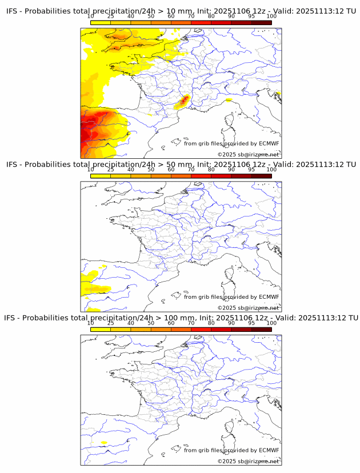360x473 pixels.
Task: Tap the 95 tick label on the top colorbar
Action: [x=251, y=17]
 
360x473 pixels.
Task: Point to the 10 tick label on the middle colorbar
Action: [x=90, y=170]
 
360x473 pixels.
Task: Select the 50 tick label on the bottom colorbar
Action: [x=151, y=323]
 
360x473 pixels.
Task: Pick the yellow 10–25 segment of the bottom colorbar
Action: [x=100, y=329]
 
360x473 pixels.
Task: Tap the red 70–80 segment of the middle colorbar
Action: [x=201, y=176]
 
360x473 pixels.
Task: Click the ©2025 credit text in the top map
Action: [x=248, y=154]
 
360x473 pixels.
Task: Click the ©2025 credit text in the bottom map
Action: [x=248, y=461]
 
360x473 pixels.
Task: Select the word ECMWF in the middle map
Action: [x=269, y=296]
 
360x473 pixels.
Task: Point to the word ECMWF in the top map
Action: [x=269, y=143]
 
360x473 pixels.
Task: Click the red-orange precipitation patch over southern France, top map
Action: [x=183, y=102]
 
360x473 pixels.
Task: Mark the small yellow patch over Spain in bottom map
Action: [x=103, y=443]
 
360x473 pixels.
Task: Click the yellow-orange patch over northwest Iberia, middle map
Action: [x=91, y=285]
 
